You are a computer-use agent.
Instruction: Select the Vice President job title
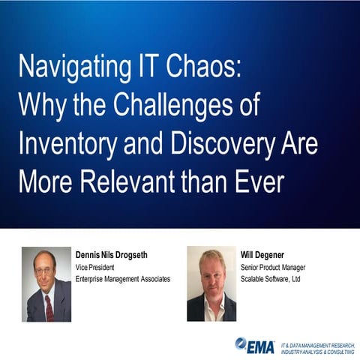[98, 266]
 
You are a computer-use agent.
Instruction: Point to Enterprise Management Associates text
[123, 278]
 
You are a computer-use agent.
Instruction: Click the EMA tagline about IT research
[318, 346]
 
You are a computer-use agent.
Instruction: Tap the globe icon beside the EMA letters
[241, 343]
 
